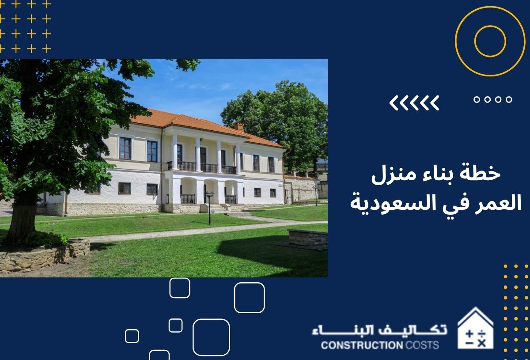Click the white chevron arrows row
414,103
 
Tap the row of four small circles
493,100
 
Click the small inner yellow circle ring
490,41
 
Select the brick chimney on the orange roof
239,126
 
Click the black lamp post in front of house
209,208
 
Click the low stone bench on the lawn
307,238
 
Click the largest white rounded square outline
211,337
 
